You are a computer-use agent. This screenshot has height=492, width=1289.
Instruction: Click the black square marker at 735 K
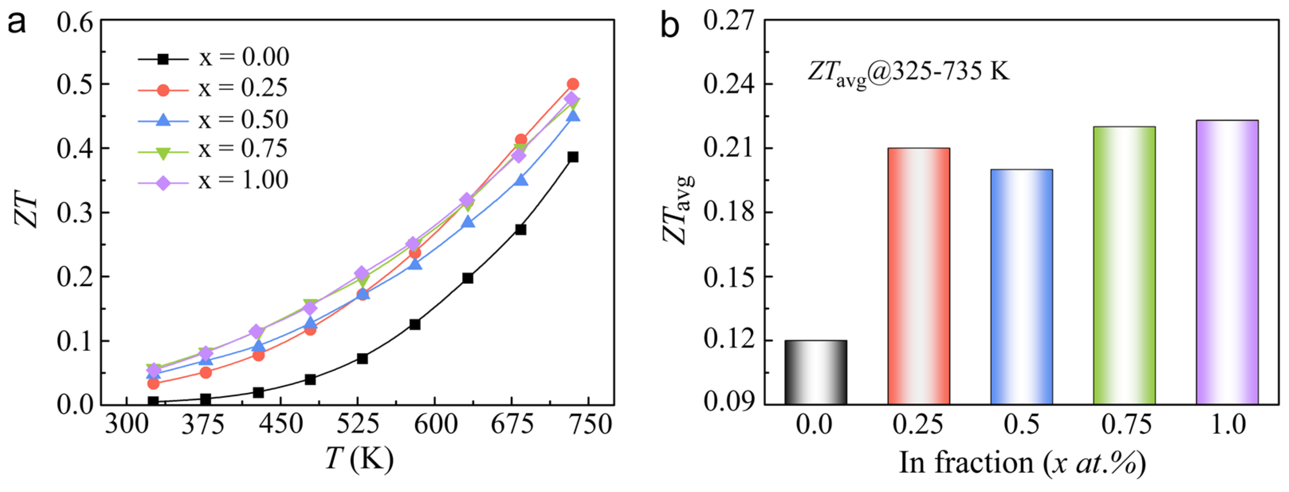573,157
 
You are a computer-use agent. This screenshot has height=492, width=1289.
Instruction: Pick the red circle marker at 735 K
573,84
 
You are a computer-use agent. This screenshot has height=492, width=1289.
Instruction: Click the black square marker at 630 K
468,278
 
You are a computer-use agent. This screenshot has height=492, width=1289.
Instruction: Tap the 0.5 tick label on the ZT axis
75,85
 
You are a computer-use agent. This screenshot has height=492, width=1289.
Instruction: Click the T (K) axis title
359,459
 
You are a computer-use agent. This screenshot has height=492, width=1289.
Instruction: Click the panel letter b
670,26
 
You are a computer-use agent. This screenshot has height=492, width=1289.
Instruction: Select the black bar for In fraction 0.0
815,372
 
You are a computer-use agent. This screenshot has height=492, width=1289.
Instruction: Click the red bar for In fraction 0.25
919,276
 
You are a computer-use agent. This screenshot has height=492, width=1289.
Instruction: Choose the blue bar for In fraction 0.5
1021,287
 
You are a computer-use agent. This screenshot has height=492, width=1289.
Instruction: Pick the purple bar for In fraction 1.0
1227,262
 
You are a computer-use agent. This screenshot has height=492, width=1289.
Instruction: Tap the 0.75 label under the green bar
1126,425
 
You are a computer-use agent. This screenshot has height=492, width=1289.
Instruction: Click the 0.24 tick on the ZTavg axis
728,84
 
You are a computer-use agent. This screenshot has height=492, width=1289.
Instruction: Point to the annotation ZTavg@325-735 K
908,73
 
